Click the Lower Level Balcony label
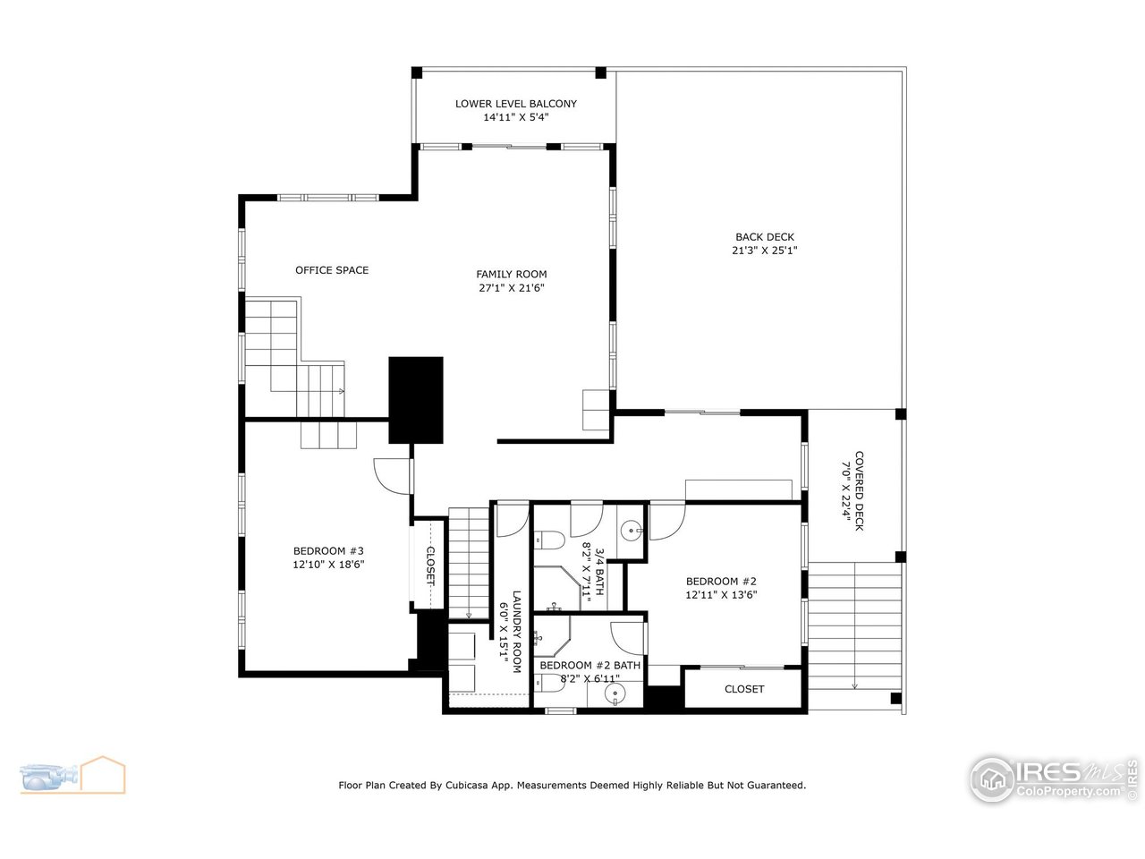[x=515, y=104]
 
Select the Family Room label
[x=511, y=275]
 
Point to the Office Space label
[x=332, y=270]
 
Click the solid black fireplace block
[x=416, y=399]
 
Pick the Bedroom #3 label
[x=328, y=551]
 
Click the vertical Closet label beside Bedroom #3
[x=430, y=566]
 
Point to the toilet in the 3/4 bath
[x=547, y=540]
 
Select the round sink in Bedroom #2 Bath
[x=613, y=695]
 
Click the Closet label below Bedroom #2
[x=743, y=689]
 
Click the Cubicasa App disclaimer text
[x=572, y=785]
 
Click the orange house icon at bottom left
[x=103, y=774]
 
